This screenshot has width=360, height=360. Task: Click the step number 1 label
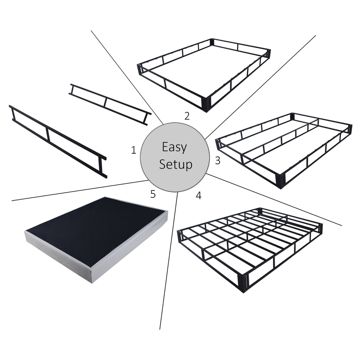(x=133, y=150)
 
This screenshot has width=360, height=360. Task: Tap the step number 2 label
(x=187, y=116)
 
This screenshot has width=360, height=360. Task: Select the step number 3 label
(x=218, y=161)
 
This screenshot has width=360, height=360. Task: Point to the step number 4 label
(x=199, y=196)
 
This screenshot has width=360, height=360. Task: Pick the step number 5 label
(x=153, y=194)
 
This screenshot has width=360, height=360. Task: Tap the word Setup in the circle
(x=175, y=164)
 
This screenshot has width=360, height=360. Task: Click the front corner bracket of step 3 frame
(x=281, y=179)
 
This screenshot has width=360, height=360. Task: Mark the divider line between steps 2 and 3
(x=260, y=86)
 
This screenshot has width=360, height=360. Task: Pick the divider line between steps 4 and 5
(x=169, y=264)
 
